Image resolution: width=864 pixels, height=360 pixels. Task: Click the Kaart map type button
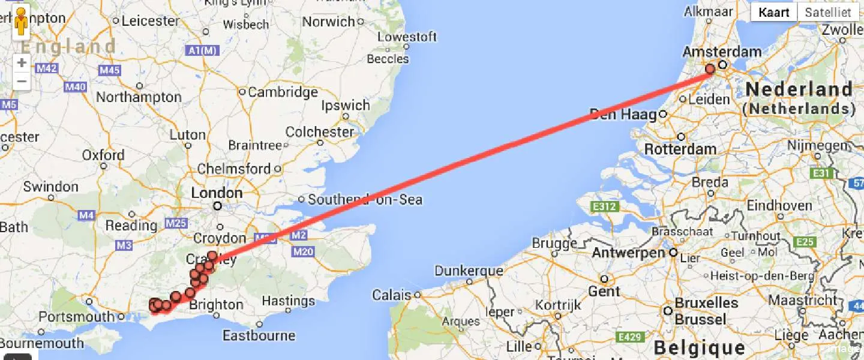click(773, 12)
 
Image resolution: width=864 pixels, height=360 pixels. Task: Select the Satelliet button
click(828, 12)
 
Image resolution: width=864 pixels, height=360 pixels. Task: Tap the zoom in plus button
click(22, 62)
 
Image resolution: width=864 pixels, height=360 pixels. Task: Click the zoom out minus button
click(22, 81)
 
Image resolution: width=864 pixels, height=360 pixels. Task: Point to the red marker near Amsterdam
click(710, 68)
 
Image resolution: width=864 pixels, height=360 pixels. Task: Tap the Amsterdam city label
click(722, 52)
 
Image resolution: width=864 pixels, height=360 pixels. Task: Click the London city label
click(217, 193)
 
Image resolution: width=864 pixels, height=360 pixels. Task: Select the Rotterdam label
click(680, 149)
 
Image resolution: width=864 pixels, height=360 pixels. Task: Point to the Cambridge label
click(283, 92)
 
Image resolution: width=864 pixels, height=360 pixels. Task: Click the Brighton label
click(216, 305)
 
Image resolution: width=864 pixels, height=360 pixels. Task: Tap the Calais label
click(391, 295)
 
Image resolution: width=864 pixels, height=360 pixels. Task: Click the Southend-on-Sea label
click(365, 199)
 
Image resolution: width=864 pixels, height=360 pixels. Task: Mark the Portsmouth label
click(76, 317)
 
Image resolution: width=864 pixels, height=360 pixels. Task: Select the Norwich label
click(328, 22)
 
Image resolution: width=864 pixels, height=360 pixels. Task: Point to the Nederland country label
click(799, 90)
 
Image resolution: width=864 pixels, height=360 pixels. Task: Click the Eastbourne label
click(259, 335)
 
